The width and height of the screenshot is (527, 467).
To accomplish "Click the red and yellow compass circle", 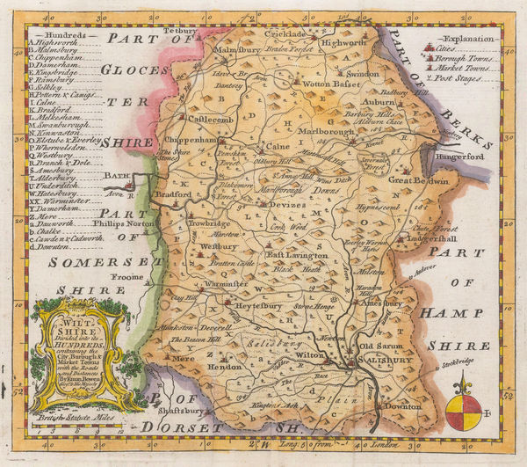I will (463, 412).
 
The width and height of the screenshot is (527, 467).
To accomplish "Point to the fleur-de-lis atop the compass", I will (463, 383).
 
